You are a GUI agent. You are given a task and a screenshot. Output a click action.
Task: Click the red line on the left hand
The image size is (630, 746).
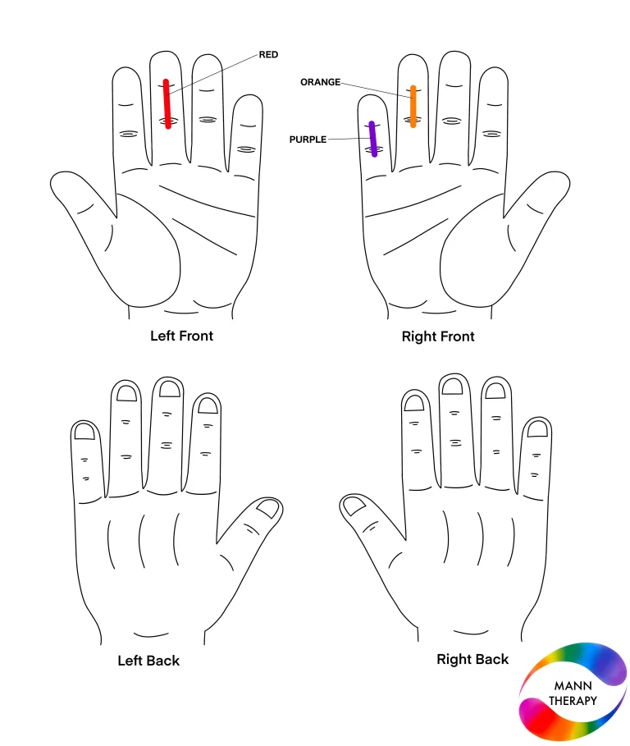(x=167, y=103)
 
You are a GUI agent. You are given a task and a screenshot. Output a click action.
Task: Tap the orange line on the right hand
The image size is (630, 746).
(x=413, y=107)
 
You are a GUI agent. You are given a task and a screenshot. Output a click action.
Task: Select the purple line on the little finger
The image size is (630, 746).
(x=373, y=139)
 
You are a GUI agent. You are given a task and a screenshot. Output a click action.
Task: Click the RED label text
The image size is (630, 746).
(x=268, y=55)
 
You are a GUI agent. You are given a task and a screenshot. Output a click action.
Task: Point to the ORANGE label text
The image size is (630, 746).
(x=320, y=82)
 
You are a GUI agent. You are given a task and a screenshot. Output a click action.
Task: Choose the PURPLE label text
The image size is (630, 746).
(x=308, y=140)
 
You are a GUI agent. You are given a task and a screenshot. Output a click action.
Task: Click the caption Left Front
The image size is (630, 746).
(x=181, y=336)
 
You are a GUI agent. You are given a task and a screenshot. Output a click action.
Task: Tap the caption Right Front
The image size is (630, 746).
(x=438, y=336)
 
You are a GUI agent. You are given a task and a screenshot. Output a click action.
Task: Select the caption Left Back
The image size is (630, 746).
(x=148, y=661)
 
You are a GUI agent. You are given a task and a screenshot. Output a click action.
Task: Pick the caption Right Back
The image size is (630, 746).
(x=472, y=659)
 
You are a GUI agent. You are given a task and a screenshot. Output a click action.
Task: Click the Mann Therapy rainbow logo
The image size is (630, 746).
(x=573, y=692)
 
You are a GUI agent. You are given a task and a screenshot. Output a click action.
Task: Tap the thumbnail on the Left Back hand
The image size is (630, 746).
(x=267, y=508)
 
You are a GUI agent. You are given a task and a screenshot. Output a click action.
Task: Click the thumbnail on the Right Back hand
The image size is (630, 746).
(x=354, y=506)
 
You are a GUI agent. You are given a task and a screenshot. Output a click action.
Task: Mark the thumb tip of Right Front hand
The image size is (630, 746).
(x=569, y=184)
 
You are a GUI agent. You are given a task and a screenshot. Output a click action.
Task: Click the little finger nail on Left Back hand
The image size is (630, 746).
(x=85, y=432)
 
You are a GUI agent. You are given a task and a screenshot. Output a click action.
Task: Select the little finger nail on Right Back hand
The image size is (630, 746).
(x=538, y=428)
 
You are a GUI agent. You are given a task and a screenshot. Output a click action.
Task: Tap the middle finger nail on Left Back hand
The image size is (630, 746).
(x=170, y=389)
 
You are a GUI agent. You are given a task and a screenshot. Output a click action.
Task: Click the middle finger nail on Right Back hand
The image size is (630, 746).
(x=452, y=386)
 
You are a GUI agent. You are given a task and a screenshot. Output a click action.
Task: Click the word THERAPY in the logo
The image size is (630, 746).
(x=573, y=701)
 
